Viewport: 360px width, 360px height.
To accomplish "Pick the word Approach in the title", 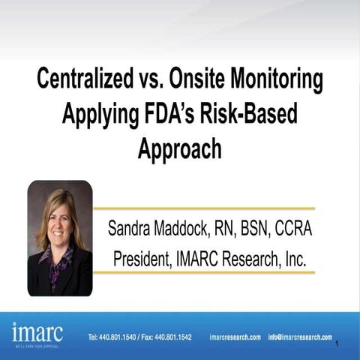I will click(180, 148).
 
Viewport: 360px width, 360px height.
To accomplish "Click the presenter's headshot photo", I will click(60, 238).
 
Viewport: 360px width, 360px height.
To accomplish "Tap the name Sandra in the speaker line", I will click(134, 229).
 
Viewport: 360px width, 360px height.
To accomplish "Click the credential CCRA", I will click(294, 229).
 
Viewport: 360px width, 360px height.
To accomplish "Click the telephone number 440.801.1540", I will click(122, 337).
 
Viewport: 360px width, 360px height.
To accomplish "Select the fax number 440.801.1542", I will click(172, 337).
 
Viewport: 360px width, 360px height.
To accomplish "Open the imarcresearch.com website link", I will click(235, 337).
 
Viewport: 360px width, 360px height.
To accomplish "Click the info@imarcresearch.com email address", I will click(300, 337).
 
